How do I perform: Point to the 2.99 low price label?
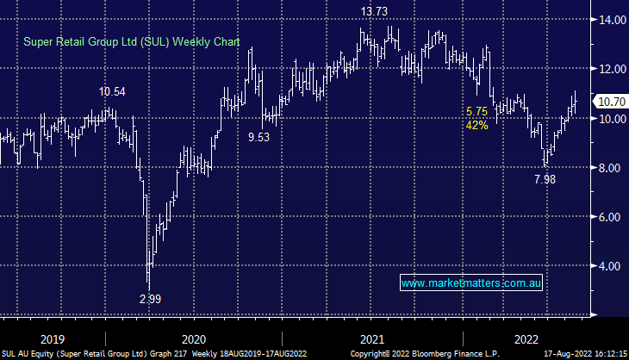click(x=151, y=299)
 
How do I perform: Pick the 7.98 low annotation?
click(x=545, y=179)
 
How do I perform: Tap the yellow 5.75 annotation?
click(x=476, y=111)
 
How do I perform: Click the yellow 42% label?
click(x=476, y=125)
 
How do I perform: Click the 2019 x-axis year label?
click(x=51, y=338)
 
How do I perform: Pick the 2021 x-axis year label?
click(x=371, y=338)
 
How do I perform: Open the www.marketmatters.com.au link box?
click(x=471, y=282)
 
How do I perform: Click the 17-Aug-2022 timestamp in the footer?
click(x=564, y=353)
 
